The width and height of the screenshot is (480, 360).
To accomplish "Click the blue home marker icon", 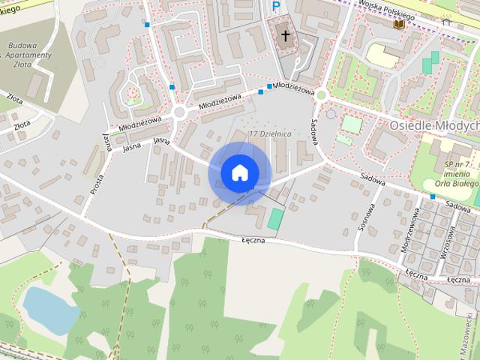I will coord(239,173).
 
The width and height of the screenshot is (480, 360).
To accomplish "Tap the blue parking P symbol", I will coord(277,7).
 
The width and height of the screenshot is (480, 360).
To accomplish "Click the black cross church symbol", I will coord(285,34).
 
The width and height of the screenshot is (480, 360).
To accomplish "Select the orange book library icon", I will coord(399,24).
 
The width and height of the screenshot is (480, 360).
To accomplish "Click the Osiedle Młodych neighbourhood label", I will coord(434,125).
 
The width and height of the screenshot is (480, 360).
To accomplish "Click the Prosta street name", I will coord(97,181).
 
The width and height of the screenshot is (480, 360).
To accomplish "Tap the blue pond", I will coord(49,310).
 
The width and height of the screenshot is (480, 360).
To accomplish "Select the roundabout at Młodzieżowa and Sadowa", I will coord(322,94).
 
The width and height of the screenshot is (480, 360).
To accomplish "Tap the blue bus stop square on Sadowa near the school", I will coord(432,196).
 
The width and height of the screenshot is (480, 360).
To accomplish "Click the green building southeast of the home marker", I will coord(276,219).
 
